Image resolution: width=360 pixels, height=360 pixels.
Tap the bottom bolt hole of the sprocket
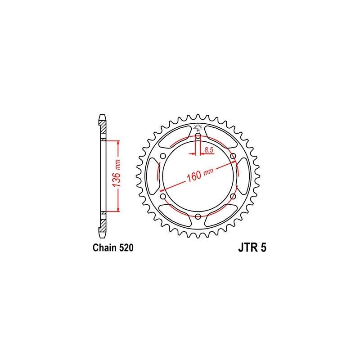[x=198, y=217]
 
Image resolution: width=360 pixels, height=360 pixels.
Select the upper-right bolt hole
[x=234, y=156]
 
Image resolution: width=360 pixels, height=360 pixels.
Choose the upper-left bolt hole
[x=162, y=156]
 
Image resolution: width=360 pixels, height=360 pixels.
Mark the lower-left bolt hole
[x=162, y=197]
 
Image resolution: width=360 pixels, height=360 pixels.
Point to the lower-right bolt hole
[x=234, y=197]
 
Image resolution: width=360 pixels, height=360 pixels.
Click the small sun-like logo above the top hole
[x=198, y=126]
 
